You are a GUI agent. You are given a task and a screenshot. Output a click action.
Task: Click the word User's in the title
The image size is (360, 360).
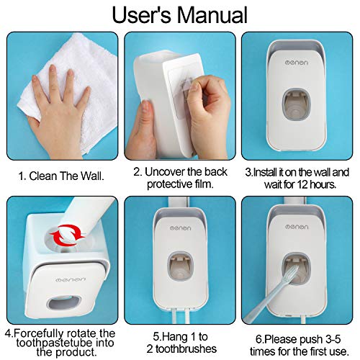point(139,16)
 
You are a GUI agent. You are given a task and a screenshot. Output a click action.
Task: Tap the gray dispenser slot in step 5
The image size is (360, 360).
point(179,281)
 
